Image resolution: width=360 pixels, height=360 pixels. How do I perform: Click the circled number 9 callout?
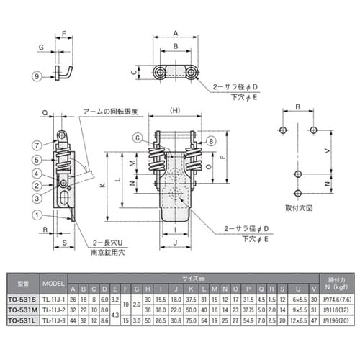(x=37, y=76)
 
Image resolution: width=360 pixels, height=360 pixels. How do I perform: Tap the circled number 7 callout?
(x=37, y=145)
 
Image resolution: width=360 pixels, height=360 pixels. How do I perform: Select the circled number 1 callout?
(x=37, y=214)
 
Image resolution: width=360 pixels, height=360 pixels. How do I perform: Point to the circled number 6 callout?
(x=137, y=138)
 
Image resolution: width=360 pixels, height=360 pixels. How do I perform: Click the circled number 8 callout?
(x=211, y=143)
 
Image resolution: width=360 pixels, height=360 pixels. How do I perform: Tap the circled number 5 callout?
(x=37, y=159)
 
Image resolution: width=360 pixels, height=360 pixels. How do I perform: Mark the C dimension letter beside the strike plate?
(x=135, y=73)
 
